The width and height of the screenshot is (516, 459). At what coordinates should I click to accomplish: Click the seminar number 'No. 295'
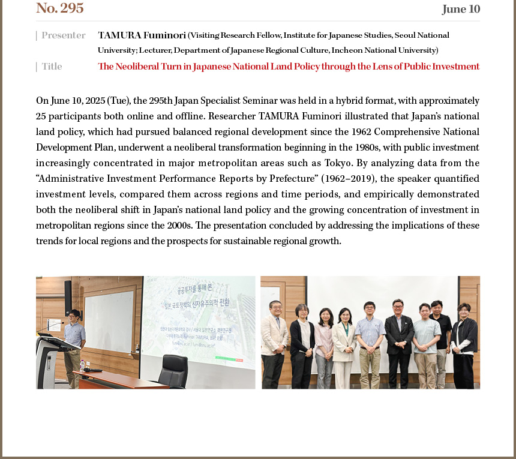pyautogui.click(x=60, y=8)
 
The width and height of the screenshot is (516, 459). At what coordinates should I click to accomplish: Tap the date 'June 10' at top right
pyautogui.click(x=461, y=9)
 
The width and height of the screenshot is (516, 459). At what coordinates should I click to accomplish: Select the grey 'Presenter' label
pyautogui.click(x=63, y=35)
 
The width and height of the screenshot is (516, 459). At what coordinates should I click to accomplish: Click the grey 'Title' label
pyautogui.click(x=52, y=67)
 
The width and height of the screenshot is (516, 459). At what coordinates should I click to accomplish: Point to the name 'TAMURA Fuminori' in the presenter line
pyautogui.click(x=142, y=35)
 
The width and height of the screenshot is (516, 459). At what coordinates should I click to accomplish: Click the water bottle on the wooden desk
pyautogui.click(x=82, y=364)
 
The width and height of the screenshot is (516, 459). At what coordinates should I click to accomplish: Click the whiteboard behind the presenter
pyautogui.click(x=109, y=321)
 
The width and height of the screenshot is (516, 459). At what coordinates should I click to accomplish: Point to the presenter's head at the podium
pyautogui.click(x=74, y=316)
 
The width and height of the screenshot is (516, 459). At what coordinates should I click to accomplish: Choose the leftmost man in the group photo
pyautogui.click(x=275, y=339)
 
